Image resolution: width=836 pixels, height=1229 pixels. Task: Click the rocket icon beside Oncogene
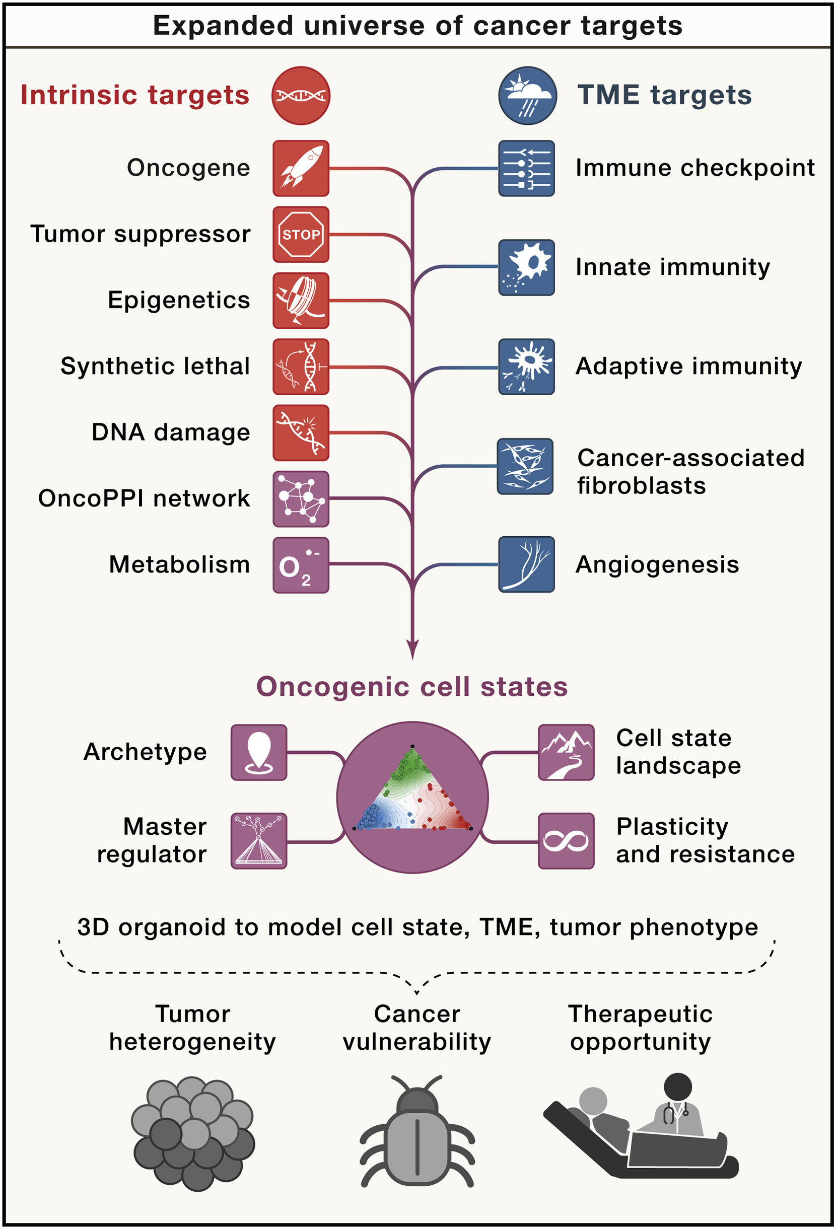click(x=301, y=168)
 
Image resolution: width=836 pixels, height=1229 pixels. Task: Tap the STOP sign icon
click(x=301, y=234)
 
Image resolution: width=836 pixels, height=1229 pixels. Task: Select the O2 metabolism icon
click(x=301, y=565)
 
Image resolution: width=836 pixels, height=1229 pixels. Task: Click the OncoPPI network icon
click(x=301, y=498)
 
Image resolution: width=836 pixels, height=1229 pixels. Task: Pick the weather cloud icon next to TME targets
click(x=527, y=96)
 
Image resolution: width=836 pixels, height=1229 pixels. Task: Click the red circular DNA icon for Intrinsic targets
click(x=301, y=96)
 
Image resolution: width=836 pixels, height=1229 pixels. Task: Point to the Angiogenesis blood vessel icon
click(x=526, y=564)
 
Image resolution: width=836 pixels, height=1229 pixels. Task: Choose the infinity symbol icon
click(x=566, y=840)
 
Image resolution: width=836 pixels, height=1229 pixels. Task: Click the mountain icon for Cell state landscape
click(x=566, y=752)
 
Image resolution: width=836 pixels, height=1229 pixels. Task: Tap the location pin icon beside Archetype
click(x=259, y=752)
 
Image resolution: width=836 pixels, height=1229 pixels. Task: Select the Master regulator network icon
click(x=259, y=840)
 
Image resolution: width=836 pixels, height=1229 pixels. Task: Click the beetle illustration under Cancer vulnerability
click(x=417, y=1132)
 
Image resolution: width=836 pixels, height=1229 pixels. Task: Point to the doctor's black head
click(x=678, y=1087)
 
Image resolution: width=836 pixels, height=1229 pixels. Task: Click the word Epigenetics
click(x=179, y=300)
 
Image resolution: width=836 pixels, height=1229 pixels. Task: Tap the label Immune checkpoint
click(x=694, y=168)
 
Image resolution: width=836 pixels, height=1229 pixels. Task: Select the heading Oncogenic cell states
click(x=411, y=686)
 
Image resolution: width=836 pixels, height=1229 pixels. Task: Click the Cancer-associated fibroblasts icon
click(x=525, y=466)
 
